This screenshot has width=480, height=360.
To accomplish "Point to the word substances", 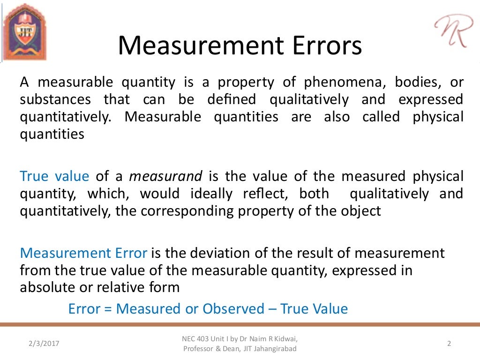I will coord(55,99).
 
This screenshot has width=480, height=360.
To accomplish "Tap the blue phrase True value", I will coord(54,176).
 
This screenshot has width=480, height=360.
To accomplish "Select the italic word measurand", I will coord(165,176).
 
